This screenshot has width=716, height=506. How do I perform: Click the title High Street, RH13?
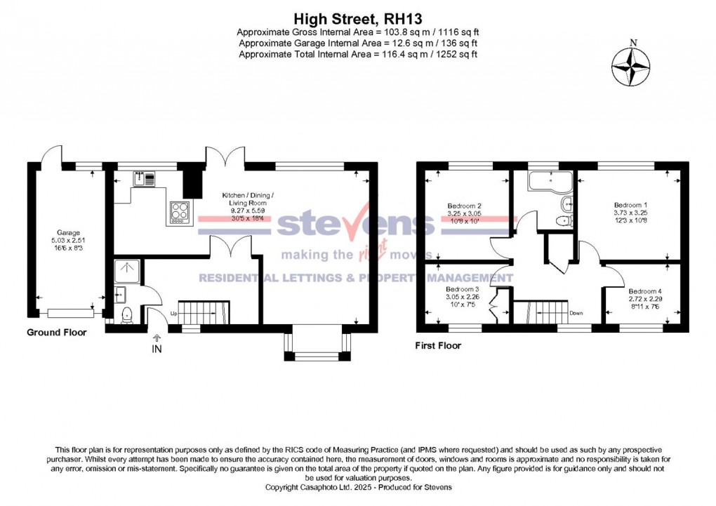[358, 18]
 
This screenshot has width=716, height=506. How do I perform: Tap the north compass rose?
[632, 67]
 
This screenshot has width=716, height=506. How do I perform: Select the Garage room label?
[69, 232]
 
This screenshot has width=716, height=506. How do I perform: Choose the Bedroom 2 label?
[464, 206]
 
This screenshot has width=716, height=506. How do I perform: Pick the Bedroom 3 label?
[463, 288]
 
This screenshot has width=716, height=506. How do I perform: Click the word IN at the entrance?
[156, 349]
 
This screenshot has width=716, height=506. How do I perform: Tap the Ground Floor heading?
[57, 333]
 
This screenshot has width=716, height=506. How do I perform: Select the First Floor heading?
[438, 345]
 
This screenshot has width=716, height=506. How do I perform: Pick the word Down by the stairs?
[577, 313]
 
